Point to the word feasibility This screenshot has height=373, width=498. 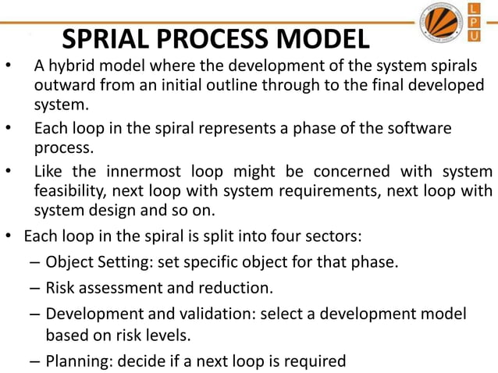point(69,190)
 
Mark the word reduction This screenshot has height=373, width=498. point(238,288)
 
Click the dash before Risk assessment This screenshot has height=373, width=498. point(35,288)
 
